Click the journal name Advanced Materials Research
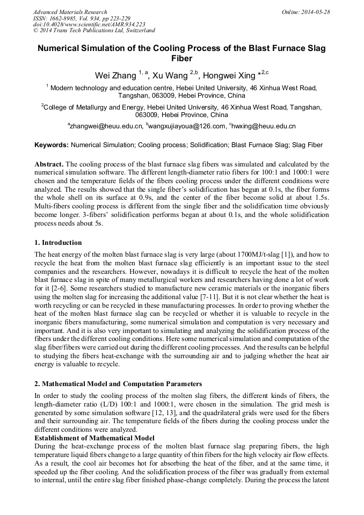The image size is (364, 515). click(70, 12)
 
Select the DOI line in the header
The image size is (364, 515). click(89, 25)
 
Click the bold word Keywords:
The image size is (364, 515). click(52, 145)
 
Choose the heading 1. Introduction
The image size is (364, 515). click(58, 243)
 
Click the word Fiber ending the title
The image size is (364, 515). click(181, 58)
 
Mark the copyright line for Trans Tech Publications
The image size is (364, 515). click(94, 31)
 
